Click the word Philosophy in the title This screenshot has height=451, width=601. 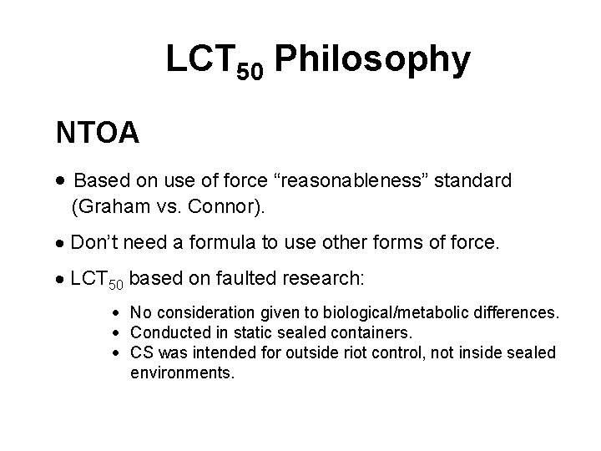(x=371, y=60)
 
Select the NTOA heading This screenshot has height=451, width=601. (x=97, y=132)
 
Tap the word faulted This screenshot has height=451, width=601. (x=233, y=277)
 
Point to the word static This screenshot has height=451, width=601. (x=238, y=333)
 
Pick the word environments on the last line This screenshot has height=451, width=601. (x=182, y=372)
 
